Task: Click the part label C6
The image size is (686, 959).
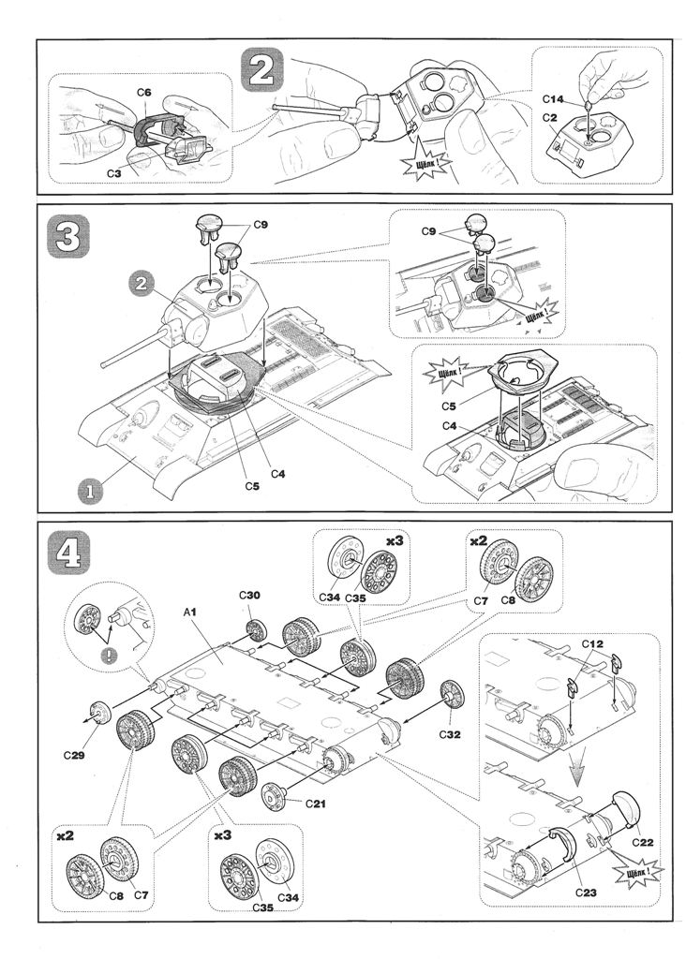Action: [x=144, y=93]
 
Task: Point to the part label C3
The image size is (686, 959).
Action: [x=112, y=173]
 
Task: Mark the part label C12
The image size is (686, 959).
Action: [x=590, y=644]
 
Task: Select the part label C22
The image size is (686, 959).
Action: [x=642, y=841]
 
